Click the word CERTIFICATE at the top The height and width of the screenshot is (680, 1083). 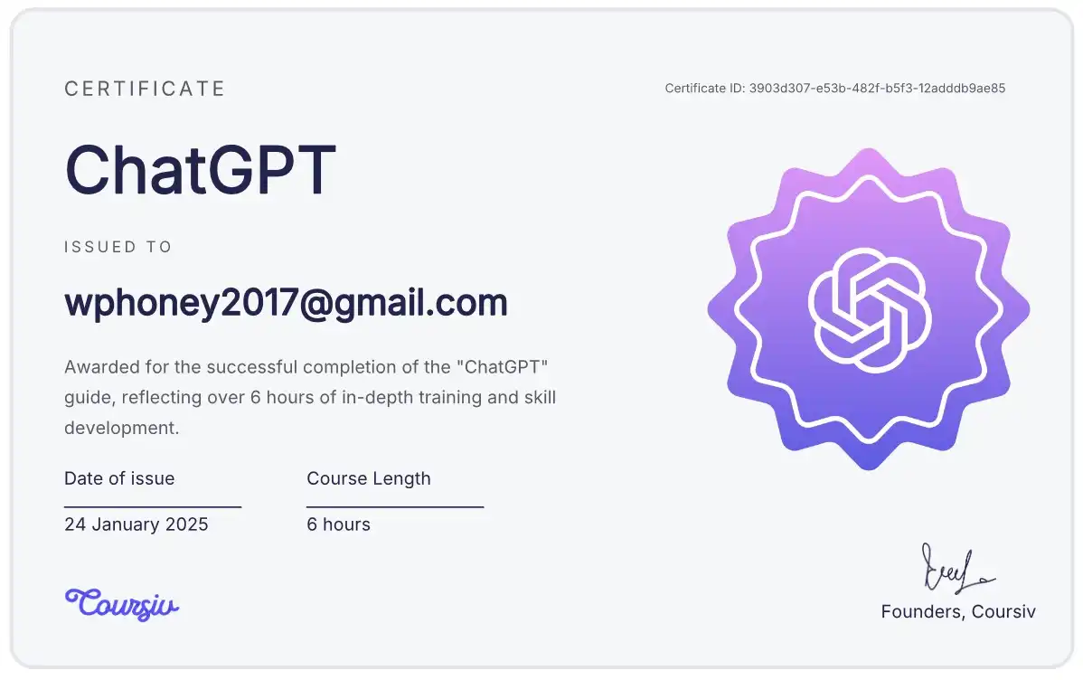coord(145,89)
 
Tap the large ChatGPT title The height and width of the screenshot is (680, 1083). coord(201,170)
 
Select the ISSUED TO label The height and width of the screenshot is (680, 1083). coord(118,247)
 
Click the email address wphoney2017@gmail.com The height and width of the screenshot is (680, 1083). coord(286,303)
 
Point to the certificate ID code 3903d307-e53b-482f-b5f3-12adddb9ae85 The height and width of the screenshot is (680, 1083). coord(877,88)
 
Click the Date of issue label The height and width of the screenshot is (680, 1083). coord(119,478)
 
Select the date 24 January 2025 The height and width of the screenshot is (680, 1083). coord(137,524)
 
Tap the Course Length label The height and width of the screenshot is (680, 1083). coord(369,478)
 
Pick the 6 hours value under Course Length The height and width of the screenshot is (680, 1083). coord(338,524)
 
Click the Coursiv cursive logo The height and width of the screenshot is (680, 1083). coord(122,604)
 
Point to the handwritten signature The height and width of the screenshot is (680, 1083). coord(957,569)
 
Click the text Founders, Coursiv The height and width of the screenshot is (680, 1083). coord(958,611)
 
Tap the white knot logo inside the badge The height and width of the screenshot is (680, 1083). coord(869,310)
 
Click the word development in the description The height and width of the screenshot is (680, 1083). coord(121,428)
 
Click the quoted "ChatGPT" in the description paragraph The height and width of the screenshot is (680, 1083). coord(503,366)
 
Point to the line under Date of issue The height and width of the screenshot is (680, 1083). coord(153,506)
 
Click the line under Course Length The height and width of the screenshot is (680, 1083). coord(395,506)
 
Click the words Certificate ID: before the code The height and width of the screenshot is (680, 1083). coord(705,88)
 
